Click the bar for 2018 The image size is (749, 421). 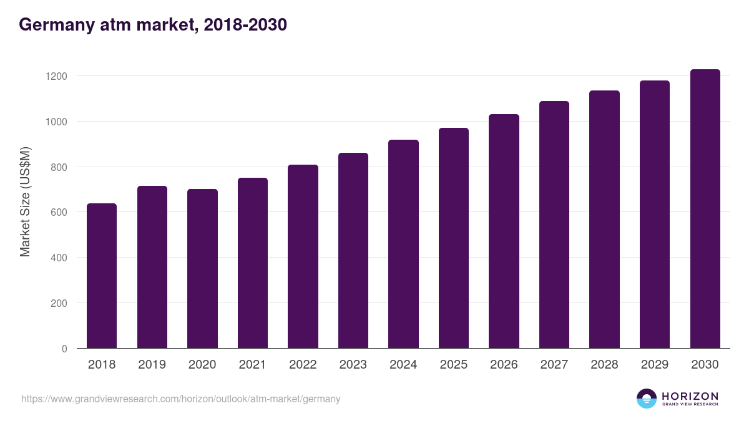click(x=102, y=276)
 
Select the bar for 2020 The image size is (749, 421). click(x=202, y=269)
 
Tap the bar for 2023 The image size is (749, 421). click(x=353, y=251)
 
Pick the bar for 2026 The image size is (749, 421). click(x=504, y=231)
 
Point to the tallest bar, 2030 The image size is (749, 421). click(x=705, y=209)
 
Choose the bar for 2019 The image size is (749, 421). click(x=152, y=267)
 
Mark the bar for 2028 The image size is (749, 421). click(x=604, y=220)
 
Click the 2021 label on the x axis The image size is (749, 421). click(x=253, y=365)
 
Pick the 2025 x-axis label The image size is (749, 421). click(x=454, y=365)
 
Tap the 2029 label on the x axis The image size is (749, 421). click(x=655, y=365)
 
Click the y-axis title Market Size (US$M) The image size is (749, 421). click(x=25, y=201)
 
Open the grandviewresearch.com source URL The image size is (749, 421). click(x=181, y=399)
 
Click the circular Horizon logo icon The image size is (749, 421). click(x=647, y=399)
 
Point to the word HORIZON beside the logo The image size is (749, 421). click(x=690, y=396)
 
